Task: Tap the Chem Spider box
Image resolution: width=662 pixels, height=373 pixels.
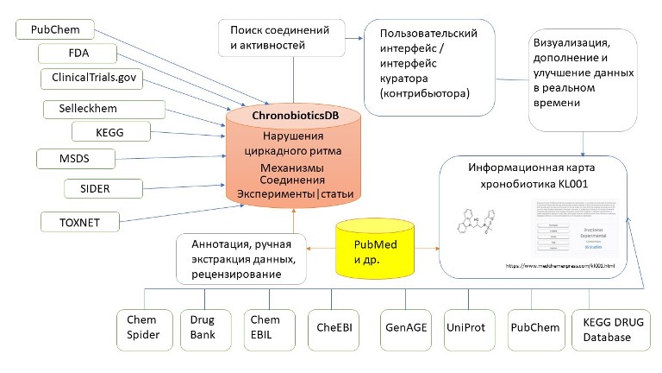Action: point(144,327)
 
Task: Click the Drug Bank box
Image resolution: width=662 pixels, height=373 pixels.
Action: point(203,327)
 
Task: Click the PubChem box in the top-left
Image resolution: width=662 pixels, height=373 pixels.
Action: point(56,29)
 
